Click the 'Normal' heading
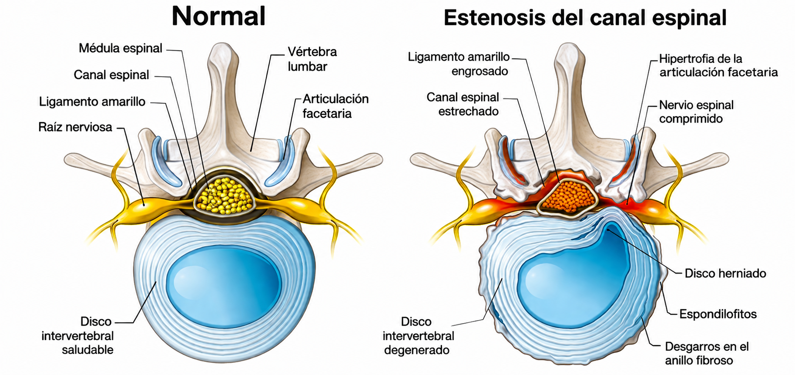click(x=218, y=17)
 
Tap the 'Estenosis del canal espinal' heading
click(x=585, y=18)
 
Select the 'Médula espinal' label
click(x=121, y=48)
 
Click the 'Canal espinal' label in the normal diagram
click(x=111, y=75)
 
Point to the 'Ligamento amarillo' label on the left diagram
click(x=92, y=101)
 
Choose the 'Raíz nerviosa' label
click(x=75, y=127)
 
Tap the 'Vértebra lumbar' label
click(x=312, y=59)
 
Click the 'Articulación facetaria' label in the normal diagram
click(x=335, y=106)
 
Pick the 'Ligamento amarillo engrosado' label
click(x=459, y=64)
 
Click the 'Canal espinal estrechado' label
click(x=463, y=104)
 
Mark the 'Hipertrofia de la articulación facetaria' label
click(x=718, y=65)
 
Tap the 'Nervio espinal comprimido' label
click(x=696, y=111)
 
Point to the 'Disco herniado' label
click(x=725, y=274)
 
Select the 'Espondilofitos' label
click(x=718, y=314)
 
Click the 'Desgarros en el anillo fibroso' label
click(x=707, y=353)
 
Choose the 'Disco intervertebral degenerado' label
click(x=418, y=335)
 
